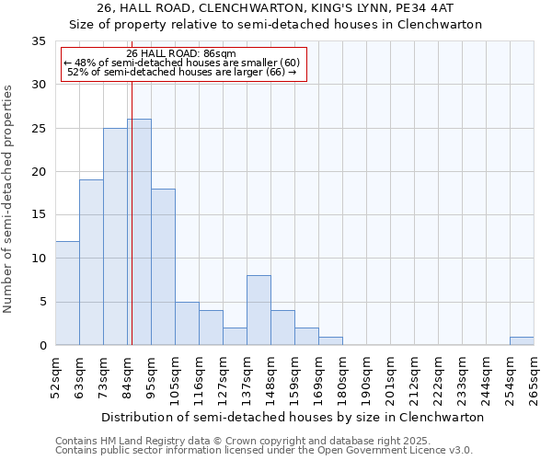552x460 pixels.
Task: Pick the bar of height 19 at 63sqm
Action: (x=91, y=262)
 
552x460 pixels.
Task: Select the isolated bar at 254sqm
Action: (x=522, y=340)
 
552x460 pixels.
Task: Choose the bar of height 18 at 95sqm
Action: (x=163, y=267)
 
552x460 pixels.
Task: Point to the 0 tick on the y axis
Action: (x=41, y=346)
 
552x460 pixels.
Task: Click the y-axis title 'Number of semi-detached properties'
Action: (x=9, y=199)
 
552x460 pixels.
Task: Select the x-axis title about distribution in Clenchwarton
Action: (x=293, y=417)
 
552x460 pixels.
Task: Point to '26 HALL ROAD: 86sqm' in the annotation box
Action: (x=181, y=53)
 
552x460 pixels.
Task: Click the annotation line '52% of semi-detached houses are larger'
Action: (x=182, y=72)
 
